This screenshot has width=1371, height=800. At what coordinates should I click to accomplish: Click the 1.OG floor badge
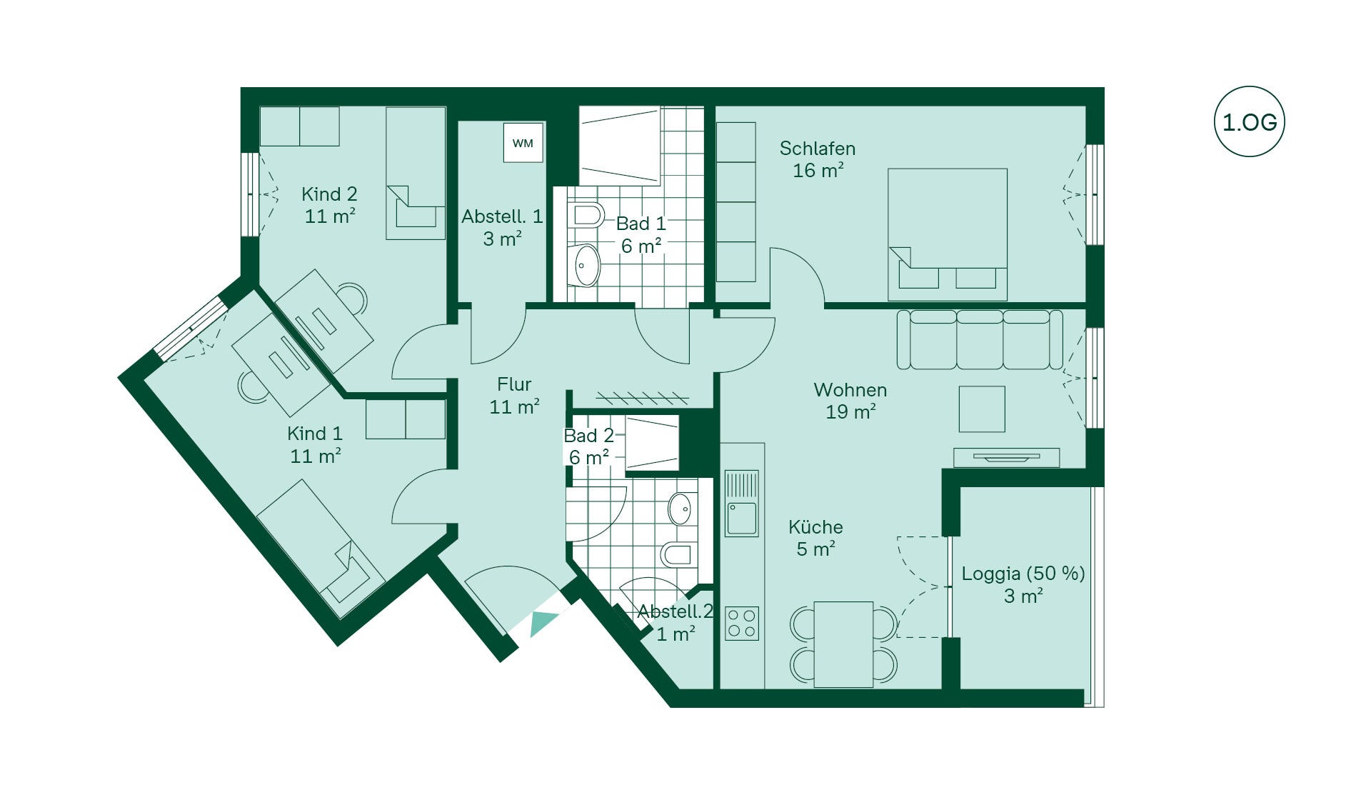click(1249, 122)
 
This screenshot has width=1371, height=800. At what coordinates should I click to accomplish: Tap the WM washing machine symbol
click(523, 143)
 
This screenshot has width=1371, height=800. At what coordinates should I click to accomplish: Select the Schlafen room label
click(817, 149)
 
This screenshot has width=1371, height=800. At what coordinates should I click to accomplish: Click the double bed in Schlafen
click(948, 234)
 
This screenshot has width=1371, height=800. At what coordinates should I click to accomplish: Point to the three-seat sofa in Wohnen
click(980, 339)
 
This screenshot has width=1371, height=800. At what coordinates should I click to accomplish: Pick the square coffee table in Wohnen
click(982, 409)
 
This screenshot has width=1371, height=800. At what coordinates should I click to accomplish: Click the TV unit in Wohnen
click(1007, 457)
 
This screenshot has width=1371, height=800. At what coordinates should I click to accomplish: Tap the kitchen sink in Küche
click(742, 503)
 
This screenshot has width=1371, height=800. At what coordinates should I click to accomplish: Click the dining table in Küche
click(843, 644)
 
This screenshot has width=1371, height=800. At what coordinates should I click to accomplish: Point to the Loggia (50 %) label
click(1023, 574)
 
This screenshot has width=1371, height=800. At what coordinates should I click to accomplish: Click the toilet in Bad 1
click(587, 215)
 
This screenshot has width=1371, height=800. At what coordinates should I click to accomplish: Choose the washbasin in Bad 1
click(586, 265)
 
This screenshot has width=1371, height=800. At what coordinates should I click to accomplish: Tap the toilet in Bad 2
click(677, 554)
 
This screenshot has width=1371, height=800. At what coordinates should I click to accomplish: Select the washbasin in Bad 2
click(681, 509)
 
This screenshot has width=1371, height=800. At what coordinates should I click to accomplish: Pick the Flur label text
click(514, 384)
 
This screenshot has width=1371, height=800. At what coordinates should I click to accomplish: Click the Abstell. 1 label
click(502, 216)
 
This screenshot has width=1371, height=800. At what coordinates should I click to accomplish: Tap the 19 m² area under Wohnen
click(850, 412)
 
